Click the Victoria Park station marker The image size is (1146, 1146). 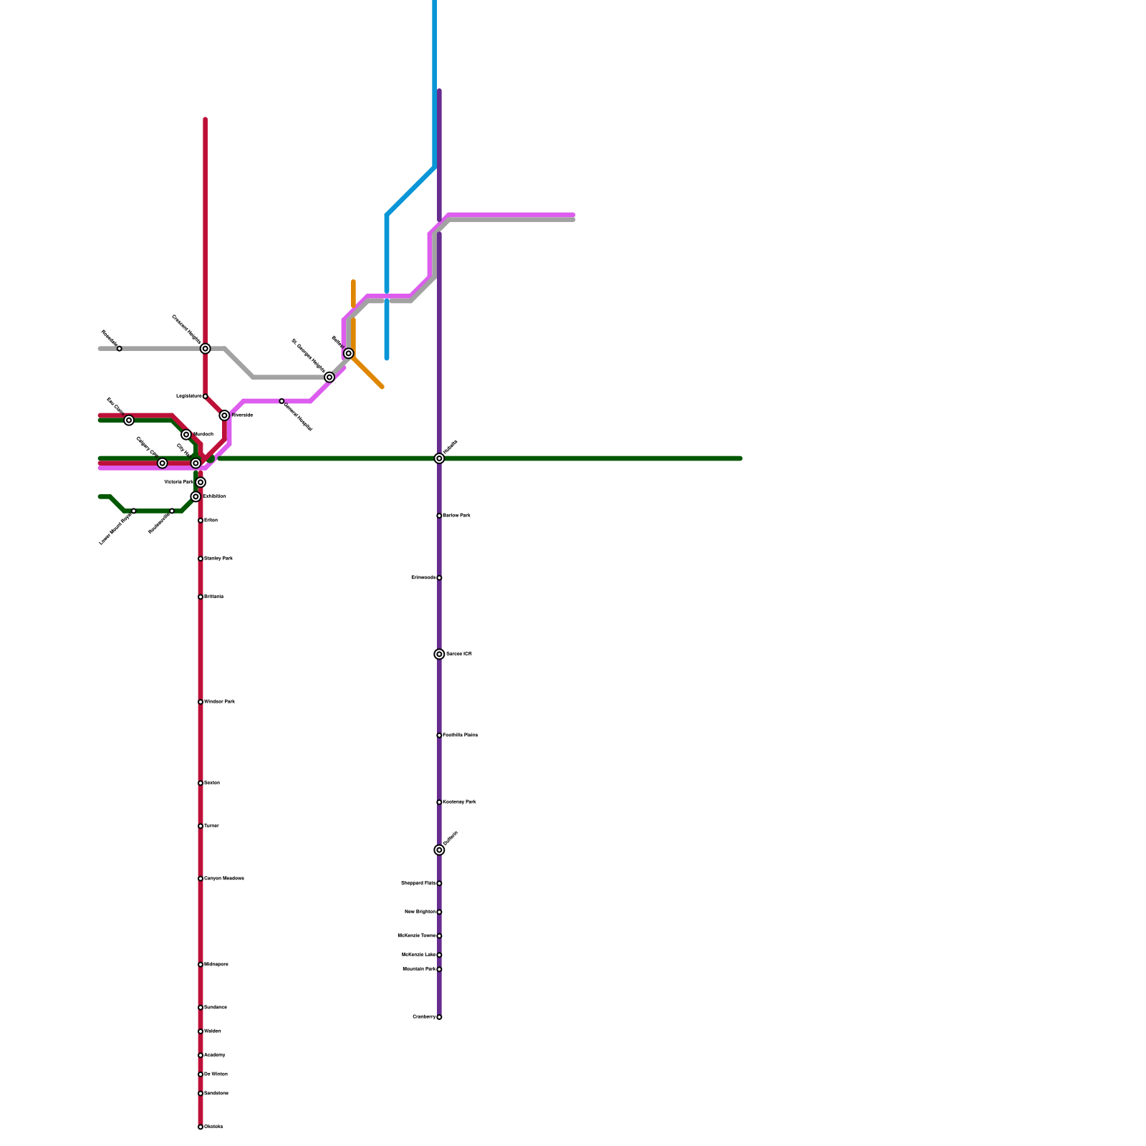[201, 483]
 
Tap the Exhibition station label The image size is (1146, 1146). [215, 496]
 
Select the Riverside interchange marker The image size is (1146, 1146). [224, 415]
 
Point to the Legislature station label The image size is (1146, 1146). [189, 396]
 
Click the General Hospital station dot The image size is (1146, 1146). [281, 401]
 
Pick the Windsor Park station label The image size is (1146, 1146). [219, 702]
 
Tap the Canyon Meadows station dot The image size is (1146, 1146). [201, 879]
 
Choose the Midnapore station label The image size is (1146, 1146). [216, 965]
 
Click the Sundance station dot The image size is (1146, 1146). [201, 1008]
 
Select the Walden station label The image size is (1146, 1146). [213, 1031]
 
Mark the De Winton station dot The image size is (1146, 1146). [201, 1074]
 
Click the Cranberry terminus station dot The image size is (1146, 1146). [439, 1017]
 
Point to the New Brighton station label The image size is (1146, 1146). [420, 912]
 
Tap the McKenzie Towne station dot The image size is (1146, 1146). [439, 936]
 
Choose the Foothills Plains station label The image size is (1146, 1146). [461, 736]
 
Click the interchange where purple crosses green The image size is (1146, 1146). [439, 458]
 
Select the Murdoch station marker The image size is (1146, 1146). [186, 435]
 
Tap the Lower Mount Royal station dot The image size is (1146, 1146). [134, 511]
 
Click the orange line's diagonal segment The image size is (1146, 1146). [368, 372]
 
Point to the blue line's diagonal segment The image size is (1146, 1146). [410, 191]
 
